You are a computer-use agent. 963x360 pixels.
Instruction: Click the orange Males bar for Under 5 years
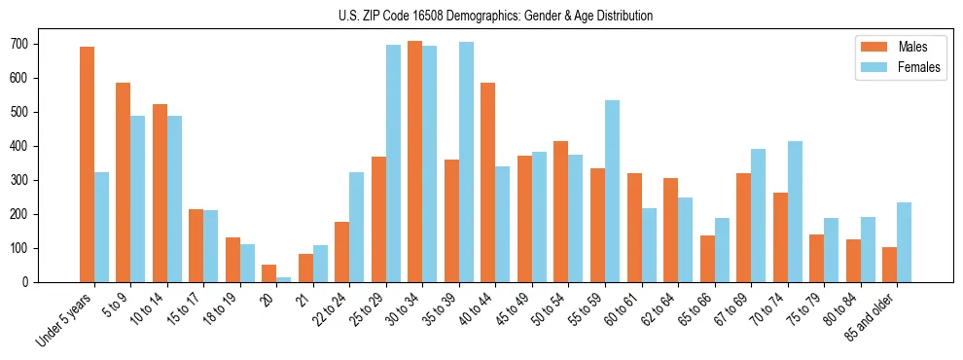[87, 164]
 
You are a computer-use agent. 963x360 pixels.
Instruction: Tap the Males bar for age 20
[268, 273]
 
